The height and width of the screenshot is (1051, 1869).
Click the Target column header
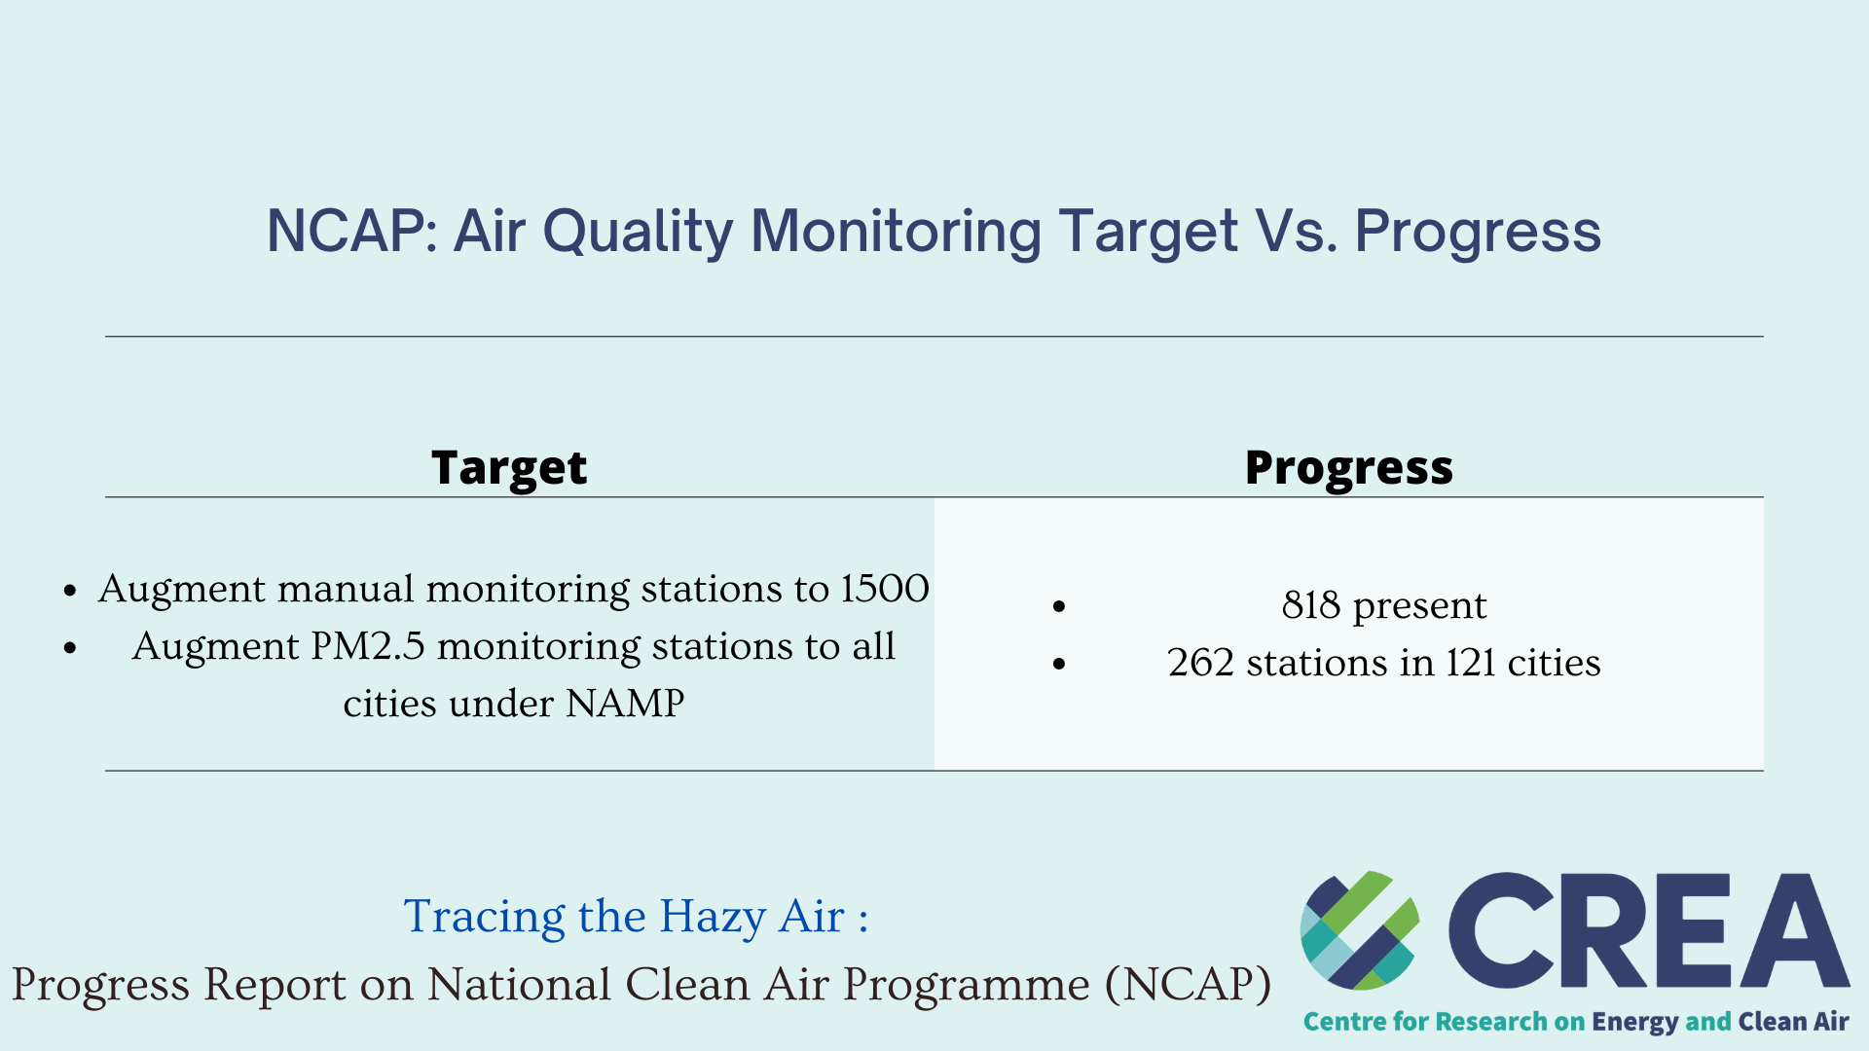click(x=509, y=468)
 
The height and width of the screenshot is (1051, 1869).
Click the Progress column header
click(x=1348, y=468)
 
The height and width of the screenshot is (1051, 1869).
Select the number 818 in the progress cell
click(x=1311, y=605)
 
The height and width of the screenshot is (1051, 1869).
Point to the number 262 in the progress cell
click(x=1200, y=663)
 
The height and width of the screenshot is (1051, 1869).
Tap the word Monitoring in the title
click(x=896, y=232)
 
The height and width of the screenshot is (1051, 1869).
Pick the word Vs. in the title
click(x=1296, y=232)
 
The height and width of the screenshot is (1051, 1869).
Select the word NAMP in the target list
click(x=625, y=704)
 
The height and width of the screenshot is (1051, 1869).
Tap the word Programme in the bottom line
click(x=966, y=985)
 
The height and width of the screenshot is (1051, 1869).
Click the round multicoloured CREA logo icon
click(x=1359, y=930)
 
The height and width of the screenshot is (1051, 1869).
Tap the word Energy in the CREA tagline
click(x=1634, y=1022)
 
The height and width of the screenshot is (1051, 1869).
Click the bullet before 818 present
click(x=1059, y=606)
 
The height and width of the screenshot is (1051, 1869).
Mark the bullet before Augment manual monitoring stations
click(x=70, y=591)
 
